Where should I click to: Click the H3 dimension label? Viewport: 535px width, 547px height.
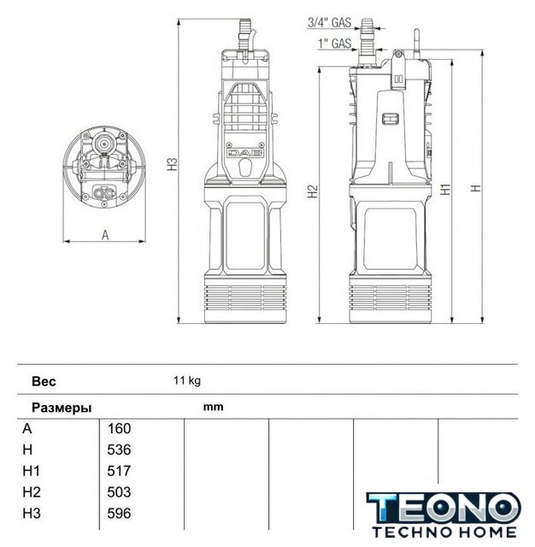[173, 164]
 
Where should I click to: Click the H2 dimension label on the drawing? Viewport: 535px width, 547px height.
[313, 191]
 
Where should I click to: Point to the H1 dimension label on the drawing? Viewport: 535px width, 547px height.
[445, 189]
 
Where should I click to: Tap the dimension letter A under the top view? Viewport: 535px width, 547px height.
[105, 235]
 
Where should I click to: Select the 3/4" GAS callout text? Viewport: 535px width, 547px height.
[329, 22]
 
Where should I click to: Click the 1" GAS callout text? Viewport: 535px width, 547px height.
[334, 44]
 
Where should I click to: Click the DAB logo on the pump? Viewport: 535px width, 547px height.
[245, 153]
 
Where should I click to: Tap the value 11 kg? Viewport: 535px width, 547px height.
[187, 380]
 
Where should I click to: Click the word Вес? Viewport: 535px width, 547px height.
[44, 381]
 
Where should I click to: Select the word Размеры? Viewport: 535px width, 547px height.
[62, 408]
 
